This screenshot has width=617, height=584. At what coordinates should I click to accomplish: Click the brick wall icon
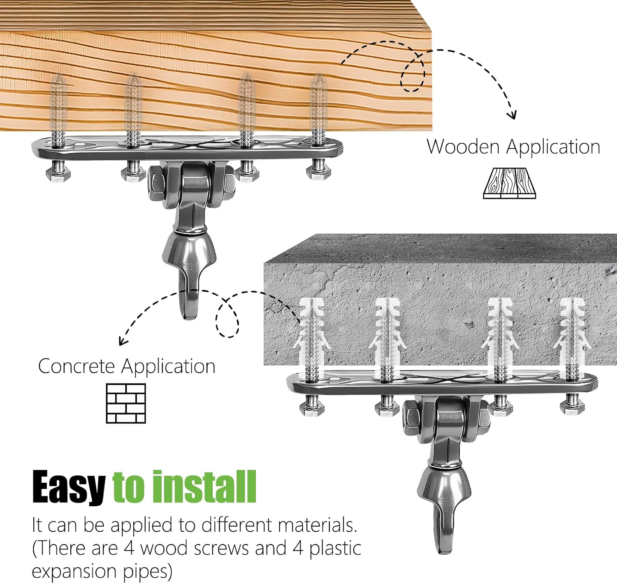[126, 403]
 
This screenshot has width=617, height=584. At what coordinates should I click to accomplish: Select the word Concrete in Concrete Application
[76, 366]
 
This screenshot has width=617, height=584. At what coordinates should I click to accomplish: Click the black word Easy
[69, 488]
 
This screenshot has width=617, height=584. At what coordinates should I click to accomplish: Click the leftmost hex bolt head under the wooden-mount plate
[58, 175]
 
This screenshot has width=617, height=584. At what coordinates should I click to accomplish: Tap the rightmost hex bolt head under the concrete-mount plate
[572, 409]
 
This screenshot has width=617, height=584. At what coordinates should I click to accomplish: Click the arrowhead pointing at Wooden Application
[512, 115]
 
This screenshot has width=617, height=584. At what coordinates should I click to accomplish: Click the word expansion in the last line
[75, 571]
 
